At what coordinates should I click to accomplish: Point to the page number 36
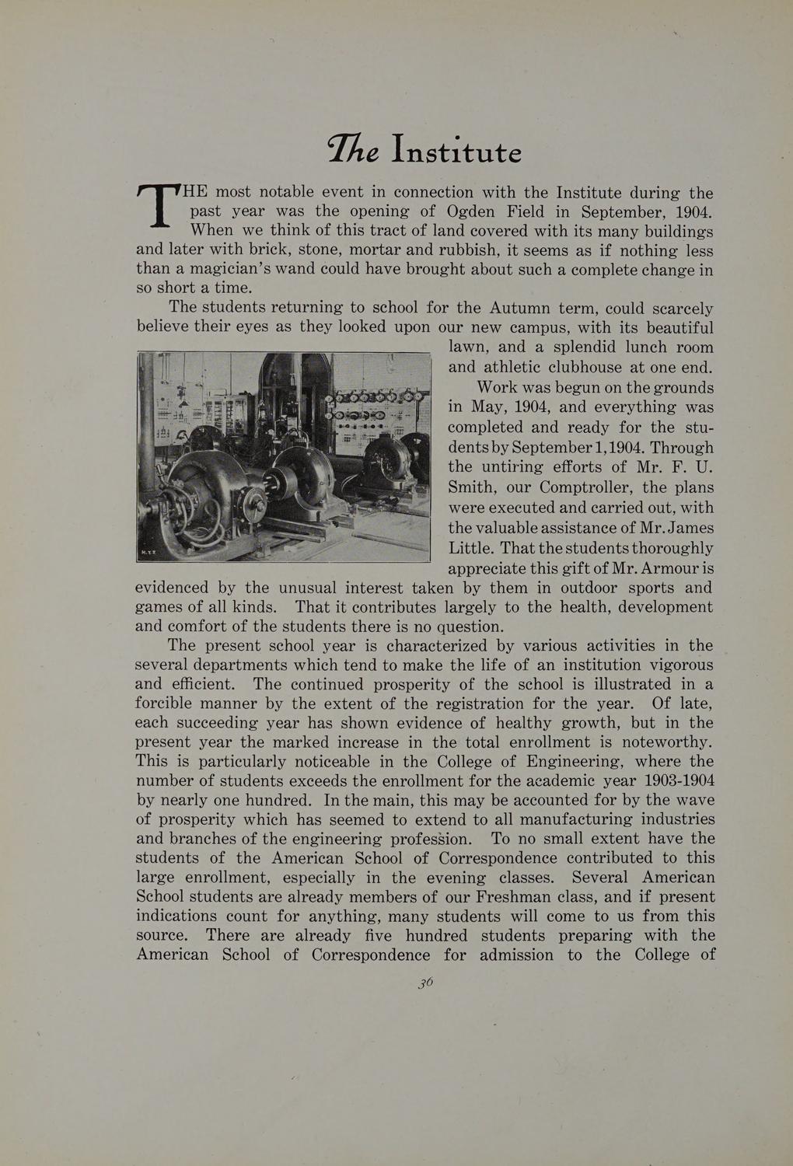tap(424, 982)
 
